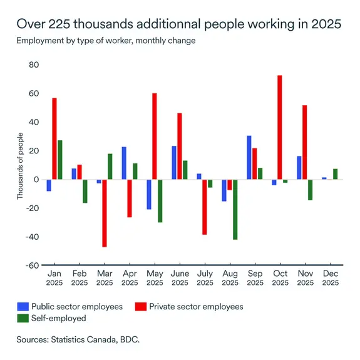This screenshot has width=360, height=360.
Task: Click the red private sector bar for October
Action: point(280,128)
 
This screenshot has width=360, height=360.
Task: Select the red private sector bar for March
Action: point(105,213)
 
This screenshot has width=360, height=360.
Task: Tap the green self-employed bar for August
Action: point(235,210)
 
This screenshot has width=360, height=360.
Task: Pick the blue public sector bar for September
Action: point(249,158)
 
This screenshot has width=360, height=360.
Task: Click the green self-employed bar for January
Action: point(60,160)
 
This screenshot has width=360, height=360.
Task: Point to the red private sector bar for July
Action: point(205,207)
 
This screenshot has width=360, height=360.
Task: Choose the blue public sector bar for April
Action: point(124,163)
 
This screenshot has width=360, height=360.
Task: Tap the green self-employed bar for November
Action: point(310,190)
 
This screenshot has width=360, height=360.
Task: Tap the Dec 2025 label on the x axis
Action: point(330,279)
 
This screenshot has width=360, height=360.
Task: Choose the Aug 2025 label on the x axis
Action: point(230,279)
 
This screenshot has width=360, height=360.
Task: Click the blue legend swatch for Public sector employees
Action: point(23,307)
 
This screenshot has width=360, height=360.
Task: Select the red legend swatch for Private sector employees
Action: point(143,307)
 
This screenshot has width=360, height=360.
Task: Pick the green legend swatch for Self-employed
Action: point(23,318)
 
